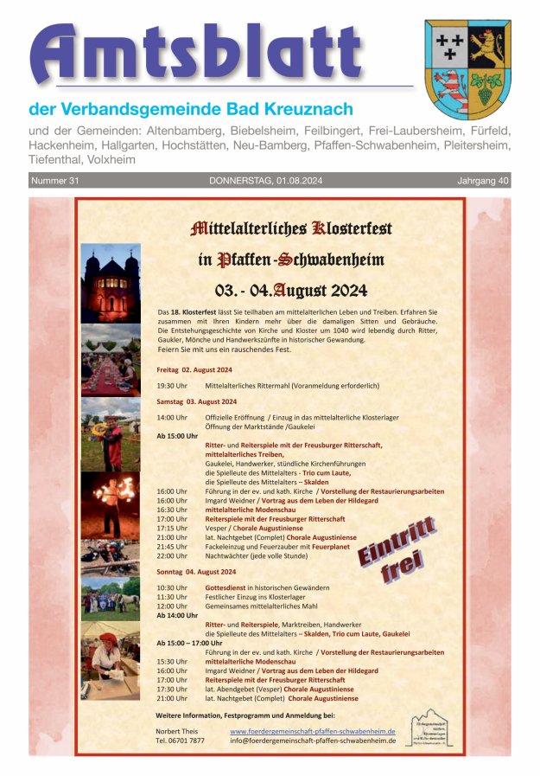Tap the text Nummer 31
(55, 181)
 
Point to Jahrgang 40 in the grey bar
(483, 181)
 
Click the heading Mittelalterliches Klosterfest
(290, 229)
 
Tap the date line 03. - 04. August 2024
(291, 289)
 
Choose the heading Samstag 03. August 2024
(196, 402)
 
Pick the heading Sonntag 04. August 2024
(196, 572)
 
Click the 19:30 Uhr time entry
(172, 385)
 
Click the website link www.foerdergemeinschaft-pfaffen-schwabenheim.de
(312, 731)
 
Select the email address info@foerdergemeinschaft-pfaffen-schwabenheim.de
(312, 741)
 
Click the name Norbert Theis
(175, 731)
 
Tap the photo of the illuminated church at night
(111, 283)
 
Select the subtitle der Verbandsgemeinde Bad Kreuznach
(191, 110)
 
